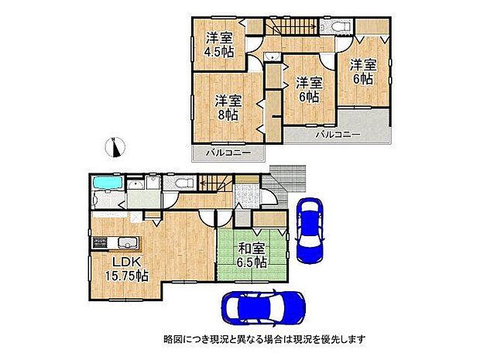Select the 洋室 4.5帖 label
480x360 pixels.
[219, 45]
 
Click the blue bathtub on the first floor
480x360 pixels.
[105, 184]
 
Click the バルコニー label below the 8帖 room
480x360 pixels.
[228, 153]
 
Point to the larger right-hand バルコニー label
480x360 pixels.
[338, 135]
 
